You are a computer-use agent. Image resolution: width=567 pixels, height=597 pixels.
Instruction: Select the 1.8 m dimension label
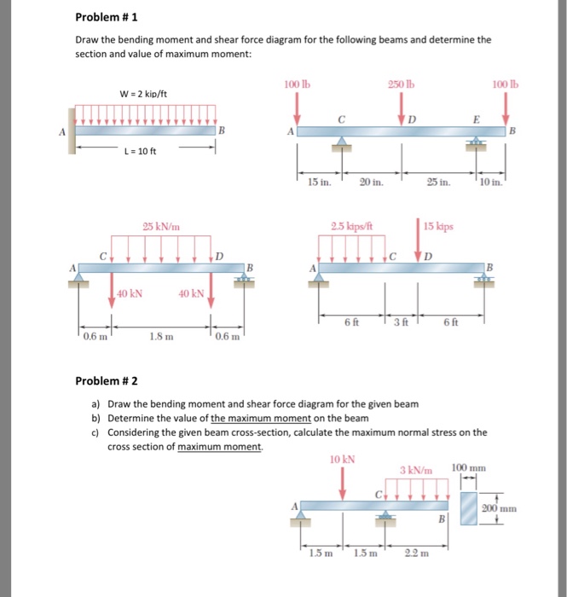pos(160,337)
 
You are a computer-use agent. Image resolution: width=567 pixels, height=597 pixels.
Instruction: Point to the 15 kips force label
pos(439,228)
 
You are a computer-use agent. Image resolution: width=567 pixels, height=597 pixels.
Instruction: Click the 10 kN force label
pos(342,458)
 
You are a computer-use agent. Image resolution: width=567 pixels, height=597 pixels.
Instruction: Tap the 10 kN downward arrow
pos(343,482)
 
